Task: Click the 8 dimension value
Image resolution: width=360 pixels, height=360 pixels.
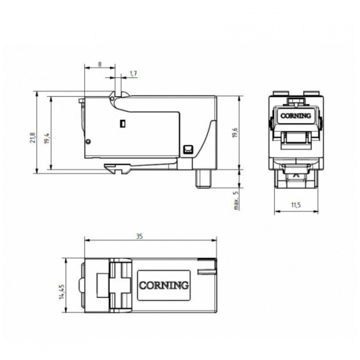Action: (100, 64)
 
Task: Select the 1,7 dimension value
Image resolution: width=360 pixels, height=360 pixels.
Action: (133, 74)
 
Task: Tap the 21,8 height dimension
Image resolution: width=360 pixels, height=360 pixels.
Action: (33, 137)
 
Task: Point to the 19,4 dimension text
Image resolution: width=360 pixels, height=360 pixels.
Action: (47, 138)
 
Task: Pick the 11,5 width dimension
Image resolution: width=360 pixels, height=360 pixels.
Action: (296, 205)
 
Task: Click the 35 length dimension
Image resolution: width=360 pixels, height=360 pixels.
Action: (139, 236)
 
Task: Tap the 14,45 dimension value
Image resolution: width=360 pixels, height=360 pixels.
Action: (62, 292)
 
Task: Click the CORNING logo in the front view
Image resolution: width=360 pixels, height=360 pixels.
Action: (296, 116)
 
